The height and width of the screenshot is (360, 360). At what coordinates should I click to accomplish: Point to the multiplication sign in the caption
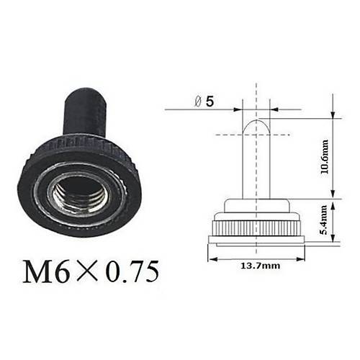pos(88,272)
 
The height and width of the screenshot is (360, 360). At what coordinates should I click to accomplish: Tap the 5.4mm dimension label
pos(325,220)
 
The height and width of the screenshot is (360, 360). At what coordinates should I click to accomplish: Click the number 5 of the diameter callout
pos(209,102)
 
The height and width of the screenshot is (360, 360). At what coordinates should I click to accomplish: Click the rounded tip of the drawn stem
pos(256,124)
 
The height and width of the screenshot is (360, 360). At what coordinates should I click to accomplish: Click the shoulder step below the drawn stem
pos(256,206)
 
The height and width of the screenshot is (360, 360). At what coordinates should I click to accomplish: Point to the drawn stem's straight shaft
pos(256,166)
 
